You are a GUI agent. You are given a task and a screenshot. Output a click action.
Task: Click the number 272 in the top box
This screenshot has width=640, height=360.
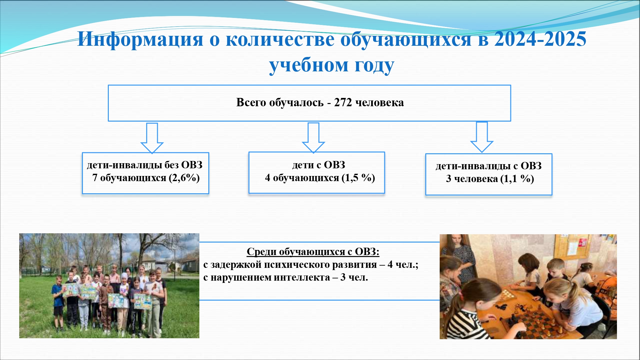343,102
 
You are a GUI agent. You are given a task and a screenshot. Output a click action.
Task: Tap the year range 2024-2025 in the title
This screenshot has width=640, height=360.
540,39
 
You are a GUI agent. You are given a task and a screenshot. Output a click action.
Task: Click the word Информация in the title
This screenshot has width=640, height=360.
140,40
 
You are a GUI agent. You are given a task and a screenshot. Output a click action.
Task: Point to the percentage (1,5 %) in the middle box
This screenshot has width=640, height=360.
358,178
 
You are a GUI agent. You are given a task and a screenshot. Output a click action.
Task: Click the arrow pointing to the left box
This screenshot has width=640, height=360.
152,138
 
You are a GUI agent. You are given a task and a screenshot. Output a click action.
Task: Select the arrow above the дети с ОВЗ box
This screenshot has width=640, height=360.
314,138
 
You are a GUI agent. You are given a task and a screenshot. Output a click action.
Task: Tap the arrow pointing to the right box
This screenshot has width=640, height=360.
482,137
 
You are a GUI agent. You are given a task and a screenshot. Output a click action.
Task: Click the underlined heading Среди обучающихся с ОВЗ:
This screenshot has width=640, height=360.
313,252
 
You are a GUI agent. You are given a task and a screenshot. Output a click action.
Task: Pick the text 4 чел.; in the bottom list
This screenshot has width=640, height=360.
403,265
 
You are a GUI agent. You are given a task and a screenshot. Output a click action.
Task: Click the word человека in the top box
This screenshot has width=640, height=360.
380,103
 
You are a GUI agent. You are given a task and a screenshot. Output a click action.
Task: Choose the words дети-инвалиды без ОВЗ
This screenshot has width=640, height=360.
145,165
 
